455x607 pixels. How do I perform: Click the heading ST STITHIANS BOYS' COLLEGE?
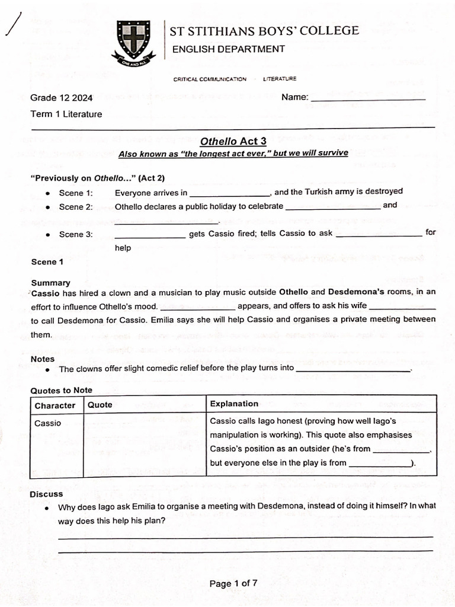tap(264, 31)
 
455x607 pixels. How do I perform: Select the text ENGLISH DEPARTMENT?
tap(228, 49)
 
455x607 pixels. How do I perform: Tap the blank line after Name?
tap(368, 98)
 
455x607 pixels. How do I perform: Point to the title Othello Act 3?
tap(233, 141)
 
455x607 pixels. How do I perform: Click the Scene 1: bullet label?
tap(76, 193)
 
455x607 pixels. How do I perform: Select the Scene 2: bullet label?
tap(76, 207)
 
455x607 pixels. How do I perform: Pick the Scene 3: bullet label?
tap(76, 234)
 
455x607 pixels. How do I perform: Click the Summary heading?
tap(50, 283)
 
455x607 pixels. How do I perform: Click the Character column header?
tap(55, 405)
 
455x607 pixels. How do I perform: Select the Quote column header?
tap(100, 405)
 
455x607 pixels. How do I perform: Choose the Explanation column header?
tap(234, 404)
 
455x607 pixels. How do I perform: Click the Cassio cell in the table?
tap(48, 423)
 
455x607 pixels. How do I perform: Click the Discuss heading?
tap(46, 494)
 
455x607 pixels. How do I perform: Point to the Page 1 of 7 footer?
tap(233, 583)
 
